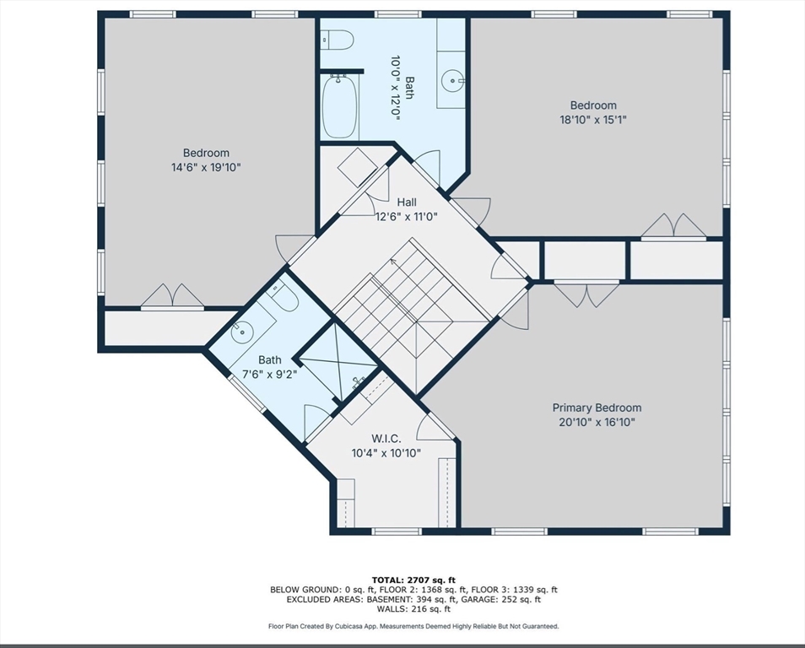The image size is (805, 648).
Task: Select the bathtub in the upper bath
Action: click(x=339, y=107)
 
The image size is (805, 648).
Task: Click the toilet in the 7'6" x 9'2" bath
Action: click(x=284, y=296)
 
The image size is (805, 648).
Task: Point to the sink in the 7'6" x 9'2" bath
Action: click(x=242, y=332)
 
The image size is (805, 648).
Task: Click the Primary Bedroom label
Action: click(x=597, y=408)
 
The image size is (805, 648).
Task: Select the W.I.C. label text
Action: click(x=386, y=439)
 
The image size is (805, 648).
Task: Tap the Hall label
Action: click(x=407, y=202)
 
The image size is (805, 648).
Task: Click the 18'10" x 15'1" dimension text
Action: click(x=593, y=120)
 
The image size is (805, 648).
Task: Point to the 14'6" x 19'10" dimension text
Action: click(x=206, y=167)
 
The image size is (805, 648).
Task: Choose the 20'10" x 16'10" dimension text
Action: click(x=597, y=422)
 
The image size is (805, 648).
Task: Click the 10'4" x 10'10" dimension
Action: click(x=386, y=453)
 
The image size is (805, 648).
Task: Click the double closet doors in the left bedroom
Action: click(x=172, y=297)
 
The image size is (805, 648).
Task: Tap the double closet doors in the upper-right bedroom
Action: click(x=673, y=226)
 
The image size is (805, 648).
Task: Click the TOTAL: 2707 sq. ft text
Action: click(x=413, y=580)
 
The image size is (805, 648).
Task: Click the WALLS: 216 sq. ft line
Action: click(x=413, y=609)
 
